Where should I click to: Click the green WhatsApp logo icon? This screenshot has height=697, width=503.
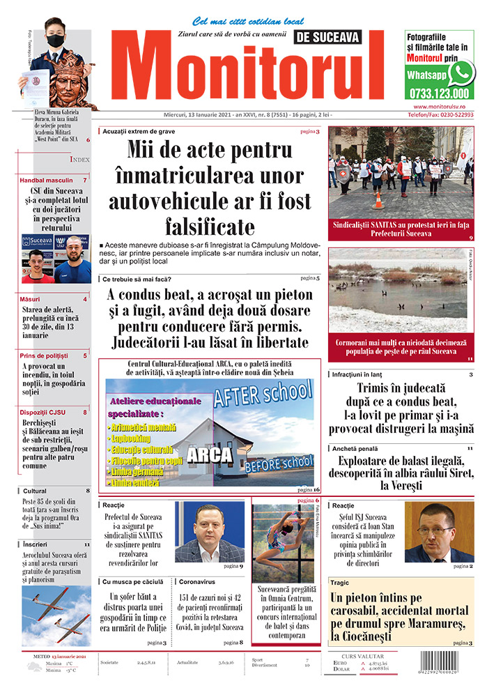461,72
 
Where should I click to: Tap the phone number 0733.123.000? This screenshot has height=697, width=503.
440,93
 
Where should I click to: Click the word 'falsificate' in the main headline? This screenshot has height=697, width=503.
209,227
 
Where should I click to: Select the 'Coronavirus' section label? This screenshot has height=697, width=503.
196,581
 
